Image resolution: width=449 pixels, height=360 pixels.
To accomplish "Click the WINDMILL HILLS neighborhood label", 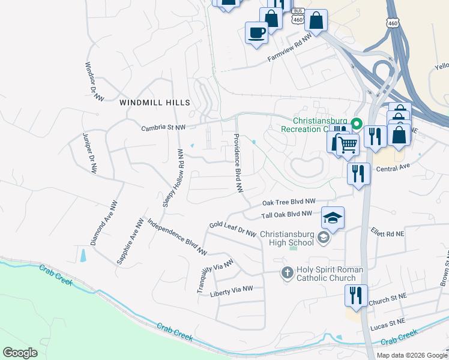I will coord(155,103).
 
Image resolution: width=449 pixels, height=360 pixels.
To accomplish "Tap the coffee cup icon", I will coord(256,32).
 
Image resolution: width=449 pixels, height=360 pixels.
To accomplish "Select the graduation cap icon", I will coord(333,218).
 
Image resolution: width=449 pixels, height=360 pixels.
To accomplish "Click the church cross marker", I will coord(287,273).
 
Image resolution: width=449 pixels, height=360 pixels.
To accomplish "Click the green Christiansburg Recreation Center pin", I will coord(356,124).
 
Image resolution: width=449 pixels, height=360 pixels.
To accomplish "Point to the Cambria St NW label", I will coord(163,127).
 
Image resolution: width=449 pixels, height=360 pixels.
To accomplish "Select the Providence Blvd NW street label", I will coord(238,163).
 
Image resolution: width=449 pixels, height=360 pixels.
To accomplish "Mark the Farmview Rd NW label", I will coord(290,51).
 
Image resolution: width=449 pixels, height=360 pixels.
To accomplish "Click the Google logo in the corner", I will coord(20,353).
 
